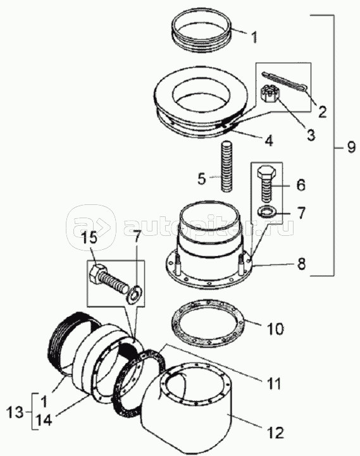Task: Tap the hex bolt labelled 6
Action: (266, 184)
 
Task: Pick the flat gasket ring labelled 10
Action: (208, 323)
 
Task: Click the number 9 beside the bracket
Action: (351, 147)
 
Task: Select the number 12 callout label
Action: (275, 433)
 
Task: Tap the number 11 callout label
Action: (273, 383)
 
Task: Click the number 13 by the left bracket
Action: (15, 412)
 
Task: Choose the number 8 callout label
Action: (301, 264)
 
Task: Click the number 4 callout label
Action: (268, 141)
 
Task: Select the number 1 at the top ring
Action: (254, 37)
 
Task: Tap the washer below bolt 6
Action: (267, 211)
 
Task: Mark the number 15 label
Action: (88, 238)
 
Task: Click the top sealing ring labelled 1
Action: (202, 33)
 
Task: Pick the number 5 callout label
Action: (202, 178)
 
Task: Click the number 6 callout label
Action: (301, 185)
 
